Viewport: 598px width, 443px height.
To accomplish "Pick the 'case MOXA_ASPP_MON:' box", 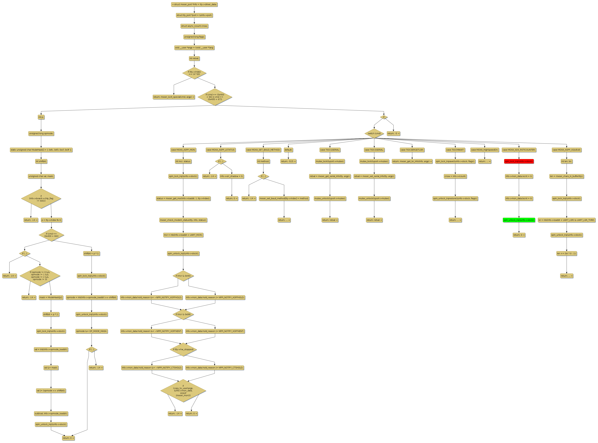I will pos(183,150).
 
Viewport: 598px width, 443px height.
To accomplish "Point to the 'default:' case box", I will pos(288,150).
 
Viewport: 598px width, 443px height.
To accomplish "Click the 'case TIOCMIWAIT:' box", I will pos(455,150).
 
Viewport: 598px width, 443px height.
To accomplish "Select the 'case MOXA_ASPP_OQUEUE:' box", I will pos(567,150).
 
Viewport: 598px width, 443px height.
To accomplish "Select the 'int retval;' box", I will pos(194,58).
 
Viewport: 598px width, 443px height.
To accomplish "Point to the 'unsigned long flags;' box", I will pos(194,37).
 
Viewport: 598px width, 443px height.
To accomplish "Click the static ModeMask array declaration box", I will pos(41,150).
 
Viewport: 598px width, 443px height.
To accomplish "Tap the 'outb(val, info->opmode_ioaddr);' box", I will pos(51,414).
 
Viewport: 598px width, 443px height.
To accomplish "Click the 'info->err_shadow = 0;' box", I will pos(232,176).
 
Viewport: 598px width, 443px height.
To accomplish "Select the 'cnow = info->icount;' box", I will pos(455,176).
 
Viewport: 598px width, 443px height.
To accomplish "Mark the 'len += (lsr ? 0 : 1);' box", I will pos(567,253).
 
